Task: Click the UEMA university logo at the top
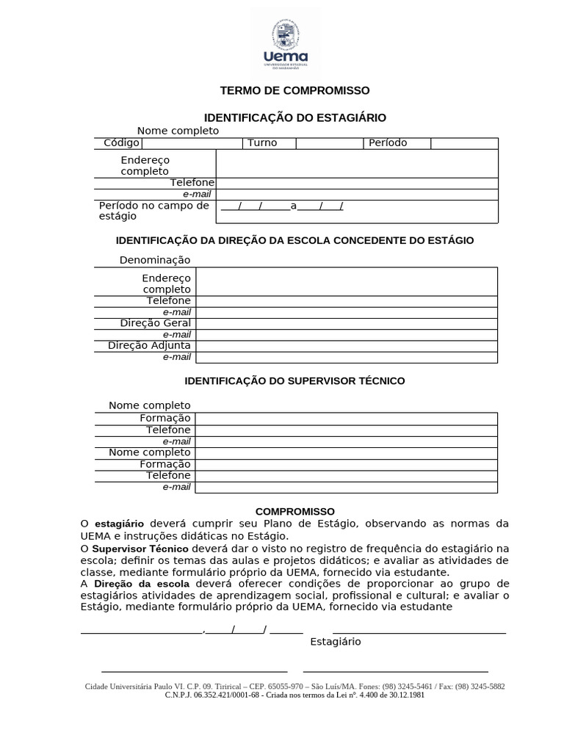coord(285,44)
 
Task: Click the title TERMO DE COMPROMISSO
coord(295,90)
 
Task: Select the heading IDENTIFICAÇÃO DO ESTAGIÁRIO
coord(294,117)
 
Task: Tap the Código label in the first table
coord(121,142)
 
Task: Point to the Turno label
coord(262,142)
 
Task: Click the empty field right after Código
coord(192,143)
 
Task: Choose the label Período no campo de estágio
coord(154,211)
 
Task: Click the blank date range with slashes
coord(282,206)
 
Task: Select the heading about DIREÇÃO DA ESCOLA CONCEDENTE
coord(295,240)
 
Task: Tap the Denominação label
coord(155,260)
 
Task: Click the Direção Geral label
coord(156,323)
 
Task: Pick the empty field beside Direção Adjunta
coord(346,346)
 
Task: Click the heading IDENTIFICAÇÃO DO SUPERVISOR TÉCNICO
coord(294,381)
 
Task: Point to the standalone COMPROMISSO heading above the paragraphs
coord(295,511)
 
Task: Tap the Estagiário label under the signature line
coord(336,642)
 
